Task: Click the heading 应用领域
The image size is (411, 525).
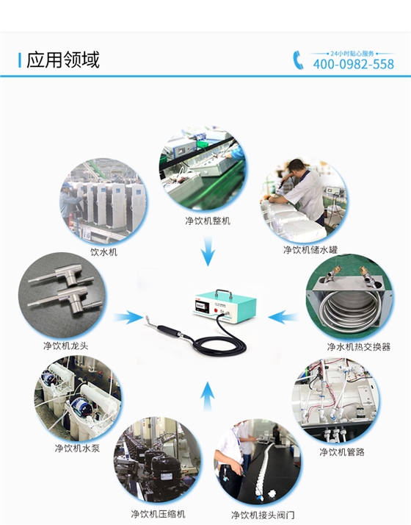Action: tap(63, 60)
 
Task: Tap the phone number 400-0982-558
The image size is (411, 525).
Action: tap(354, 64)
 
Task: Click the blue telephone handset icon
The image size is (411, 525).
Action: tap(298, 60)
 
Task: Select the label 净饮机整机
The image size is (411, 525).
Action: tap(208, 221)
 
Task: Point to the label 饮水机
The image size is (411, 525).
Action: tap(104, 251)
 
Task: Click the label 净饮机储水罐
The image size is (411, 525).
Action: tap(310, 250)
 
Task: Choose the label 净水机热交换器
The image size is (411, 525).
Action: tap(359, 347)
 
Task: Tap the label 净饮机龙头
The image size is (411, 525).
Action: tap(65, 346)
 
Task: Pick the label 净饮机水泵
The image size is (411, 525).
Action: tap(77, 448)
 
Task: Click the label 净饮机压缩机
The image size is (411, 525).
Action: tap(158, 514)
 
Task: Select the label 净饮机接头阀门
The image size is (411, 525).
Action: tap(263, 515)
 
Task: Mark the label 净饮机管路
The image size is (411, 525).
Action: tap(342, 452)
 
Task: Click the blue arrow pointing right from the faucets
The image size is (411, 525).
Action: tap(128, 318)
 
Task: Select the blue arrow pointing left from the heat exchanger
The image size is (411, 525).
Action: tap(283, 317)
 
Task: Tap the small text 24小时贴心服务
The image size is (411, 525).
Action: tap(352, 54)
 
